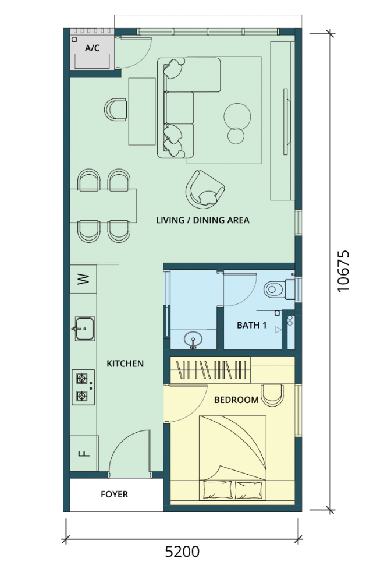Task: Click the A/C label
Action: [x=92, y=48]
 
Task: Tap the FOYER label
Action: [x=115, y=495]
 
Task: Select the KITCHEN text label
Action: [x=125, y=363]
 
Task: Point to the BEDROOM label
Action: [x=236, y=400]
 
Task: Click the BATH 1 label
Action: [x=252, y=325]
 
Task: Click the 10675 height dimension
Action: [x=343, y=271]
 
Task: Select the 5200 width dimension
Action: [x=182, y=552]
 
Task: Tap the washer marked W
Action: [x=83, y=280]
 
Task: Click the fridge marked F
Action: [x=84, y=453]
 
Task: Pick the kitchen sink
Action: [x=84, y=329]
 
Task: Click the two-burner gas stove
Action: [x=83, y=387]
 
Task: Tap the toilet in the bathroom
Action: [x=280, y=289]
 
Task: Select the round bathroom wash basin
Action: [x=193, y=340]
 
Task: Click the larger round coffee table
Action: [x=237, y=116]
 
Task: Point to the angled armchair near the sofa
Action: [x=205, y=189]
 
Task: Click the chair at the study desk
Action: [x=116, y=110]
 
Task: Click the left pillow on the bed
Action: [x=218, y=489]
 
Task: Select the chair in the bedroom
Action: [x=273, y=395]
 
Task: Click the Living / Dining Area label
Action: [x=202, y=220]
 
